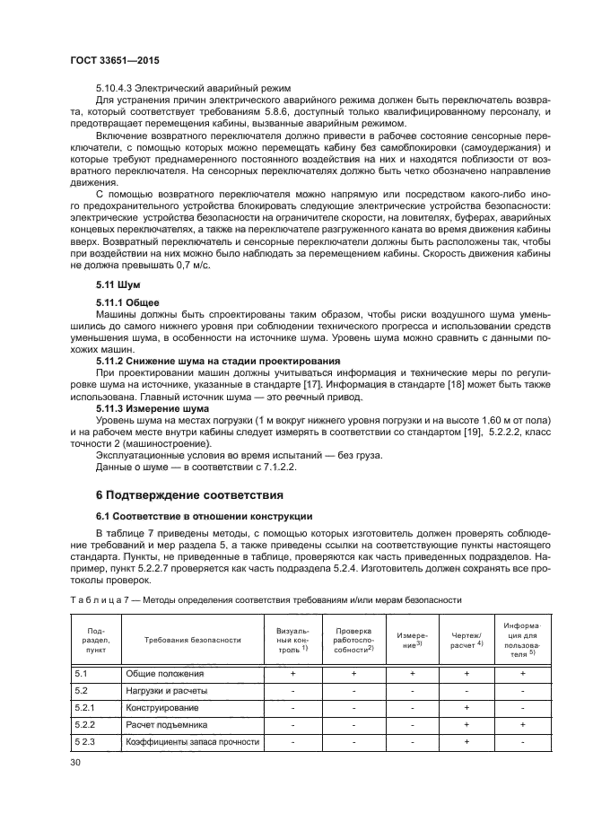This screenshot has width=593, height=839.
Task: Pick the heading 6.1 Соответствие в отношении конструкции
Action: click(x=204, y=516)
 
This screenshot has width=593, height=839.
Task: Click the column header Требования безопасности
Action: click(x=193, y=640)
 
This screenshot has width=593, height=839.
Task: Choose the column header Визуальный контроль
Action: click(x=292, y=640)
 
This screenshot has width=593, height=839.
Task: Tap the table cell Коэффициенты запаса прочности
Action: click(x=192, y=741)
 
